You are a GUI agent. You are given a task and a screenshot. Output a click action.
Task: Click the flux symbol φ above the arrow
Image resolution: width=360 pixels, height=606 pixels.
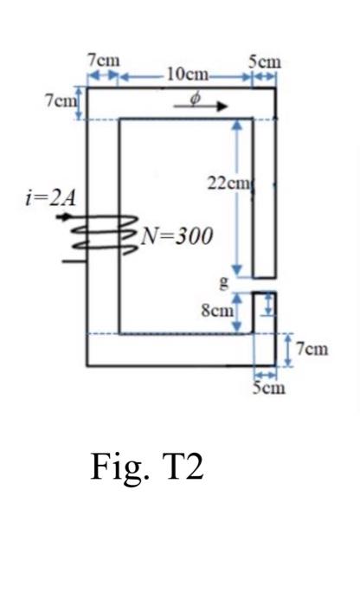point(196,98)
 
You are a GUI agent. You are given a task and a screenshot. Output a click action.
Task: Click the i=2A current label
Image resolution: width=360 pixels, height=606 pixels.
point(51,197)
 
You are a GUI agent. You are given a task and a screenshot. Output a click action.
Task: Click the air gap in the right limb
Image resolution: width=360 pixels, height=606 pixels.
point(264,284)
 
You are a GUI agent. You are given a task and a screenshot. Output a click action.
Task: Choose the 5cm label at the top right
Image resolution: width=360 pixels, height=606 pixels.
point(263,61)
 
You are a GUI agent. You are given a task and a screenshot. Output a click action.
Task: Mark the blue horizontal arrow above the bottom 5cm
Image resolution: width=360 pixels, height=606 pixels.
point(265,374)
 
